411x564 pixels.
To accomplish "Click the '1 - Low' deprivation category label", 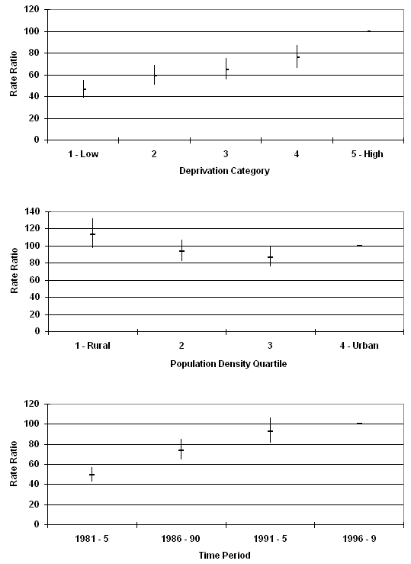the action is pyautogui.click(x=83, y=154).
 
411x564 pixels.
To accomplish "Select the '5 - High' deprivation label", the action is pyautogui.click(x=368, y=154).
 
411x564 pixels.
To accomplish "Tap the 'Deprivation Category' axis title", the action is pyautogui.click(x=224, y=170).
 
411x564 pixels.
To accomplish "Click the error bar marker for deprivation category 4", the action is pyautogui.click(x=297, y=56).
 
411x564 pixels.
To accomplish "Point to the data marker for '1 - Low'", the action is pyautogui.click(x=84, y=89).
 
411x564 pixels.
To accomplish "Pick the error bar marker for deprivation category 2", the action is pyautogui.click(x=155, y=75).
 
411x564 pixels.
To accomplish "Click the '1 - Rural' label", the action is pyautogui.click(x=92, y=346).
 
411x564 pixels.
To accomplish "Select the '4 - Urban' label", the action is pyautogui.click(x=359, y=346).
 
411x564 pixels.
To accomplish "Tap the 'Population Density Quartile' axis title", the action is pyautogui.click(x=229, y=364).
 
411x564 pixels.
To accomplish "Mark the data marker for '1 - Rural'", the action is pyautogui.click(x=93, y=234).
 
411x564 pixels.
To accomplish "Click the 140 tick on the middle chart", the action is pyautogui.click(x=32, y=211).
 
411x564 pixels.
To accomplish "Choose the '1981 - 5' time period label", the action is pyautogui.click(x=92, y=539).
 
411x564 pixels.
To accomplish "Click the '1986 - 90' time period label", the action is pyautogui.click(x=181, y=539).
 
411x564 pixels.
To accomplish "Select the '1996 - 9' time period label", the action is pyautogui.click(x=359, y=539).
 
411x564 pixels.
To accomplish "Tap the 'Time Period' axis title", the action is pyautogui.click(x=224, y=556).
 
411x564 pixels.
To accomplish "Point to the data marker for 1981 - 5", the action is pyautogui.click(x=92, y=475).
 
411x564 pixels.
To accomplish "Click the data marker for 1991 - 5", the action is pyautogui.click(x=270, y=430).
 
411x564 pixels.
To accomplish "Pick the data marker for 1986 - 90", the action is pyautogui.click(x=181, y=450).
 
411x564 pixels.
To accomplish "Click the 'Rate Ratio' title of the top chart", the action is pyautogui.click(x=14, y=74).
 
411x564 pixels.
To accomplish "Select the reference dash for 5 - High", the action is pyautogui.click(x=369, y=31).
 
